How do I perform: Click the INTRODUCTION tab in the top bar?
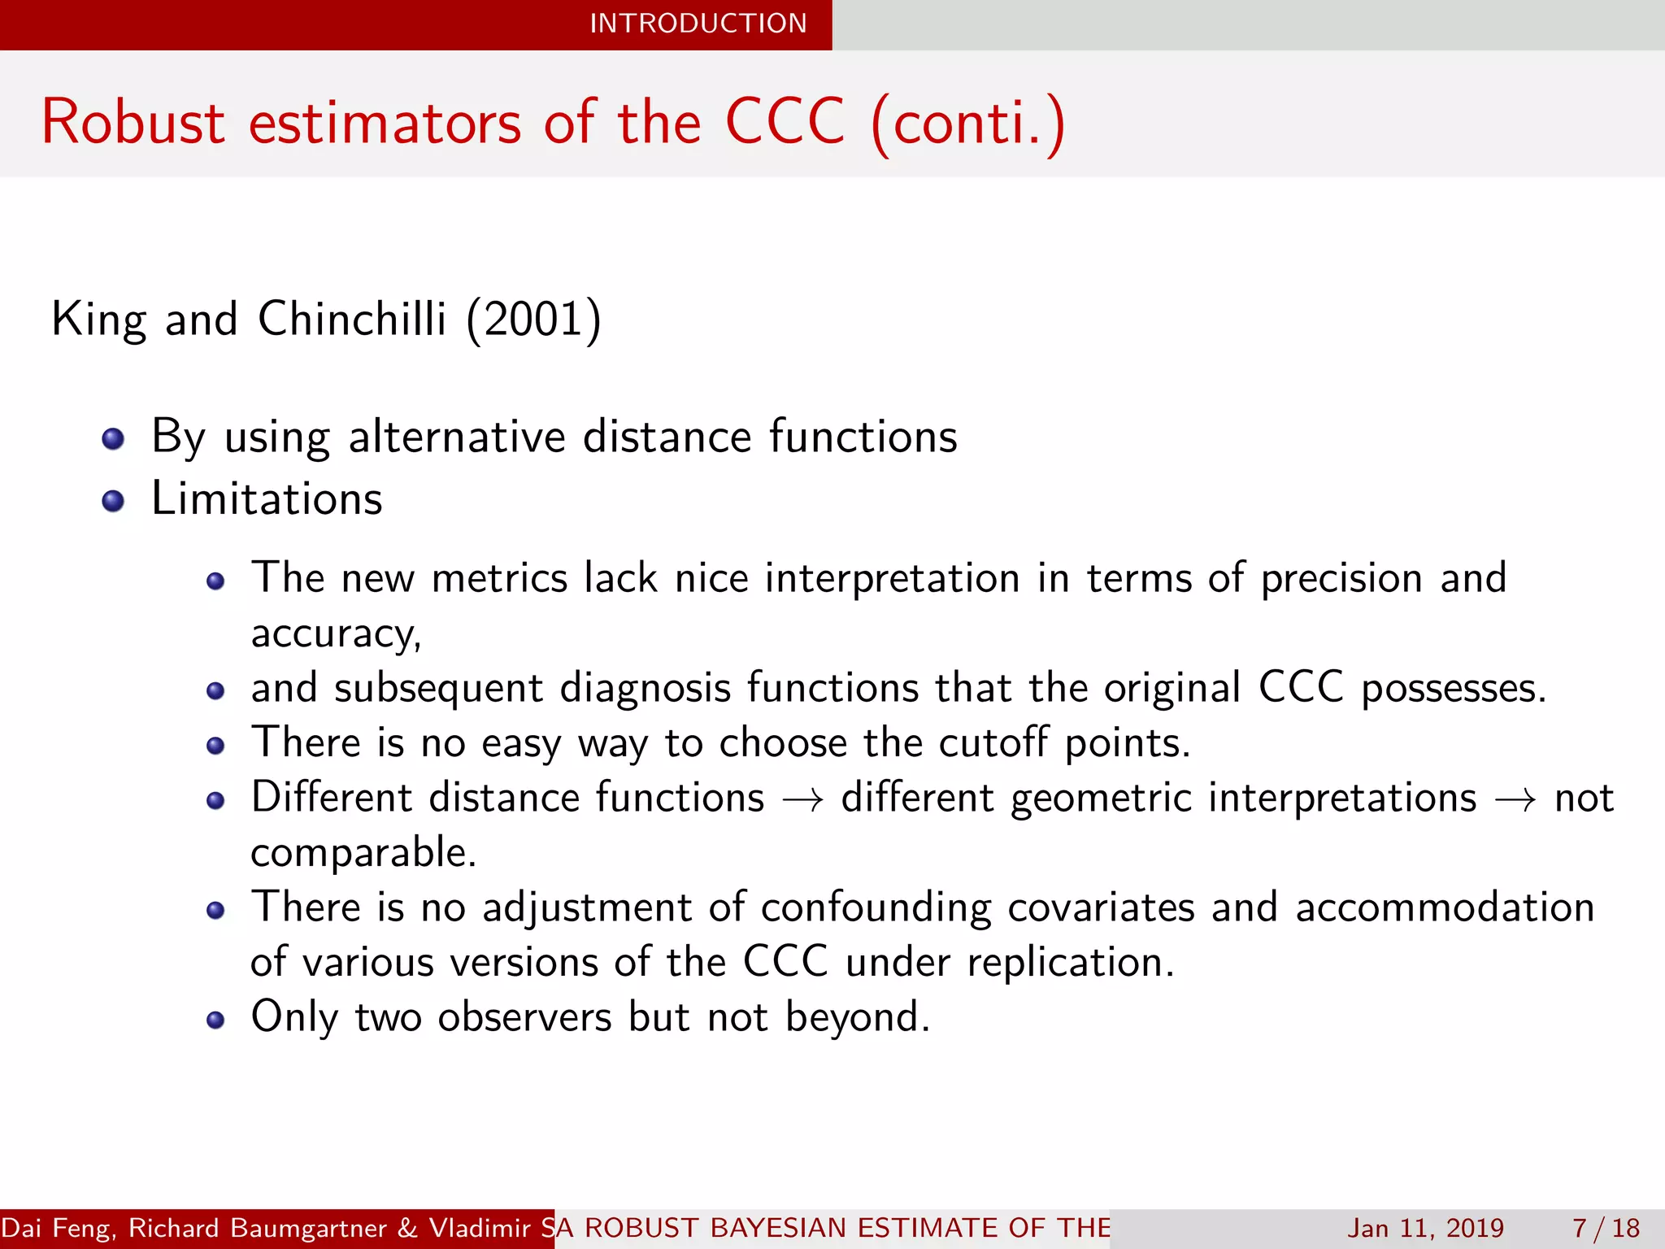click(x=698, y=24)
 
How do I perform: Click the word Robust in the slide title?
click(x=133, y=123)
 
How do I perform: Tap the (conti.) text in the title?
click(x=967, y=123)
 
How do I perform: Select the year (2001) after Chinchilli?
click(x=533, y=319)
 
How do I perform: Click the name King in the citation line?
click(x=98, y=319)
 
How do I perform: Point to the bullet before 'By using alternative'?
click(x=113, y=440)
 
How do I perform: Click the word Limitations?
click(x=267, y=498)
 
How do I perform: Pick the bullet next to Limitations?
click(x=113, y=502)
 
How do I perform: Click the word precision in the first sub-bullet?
click(x=1341, y=579)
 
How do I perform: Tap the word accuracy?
click(x=336, y=633)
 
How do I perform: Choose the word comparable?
click(x=363, y=853)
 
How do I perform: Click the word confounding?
click(x=876, y=907)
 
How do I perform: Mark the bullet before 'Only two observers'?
click(x=215, y=1021)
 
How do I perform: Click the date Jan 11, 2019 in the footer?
click(x=1425, y=1228)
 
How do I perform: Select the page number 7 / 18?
click(x=1606, y=1228)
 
